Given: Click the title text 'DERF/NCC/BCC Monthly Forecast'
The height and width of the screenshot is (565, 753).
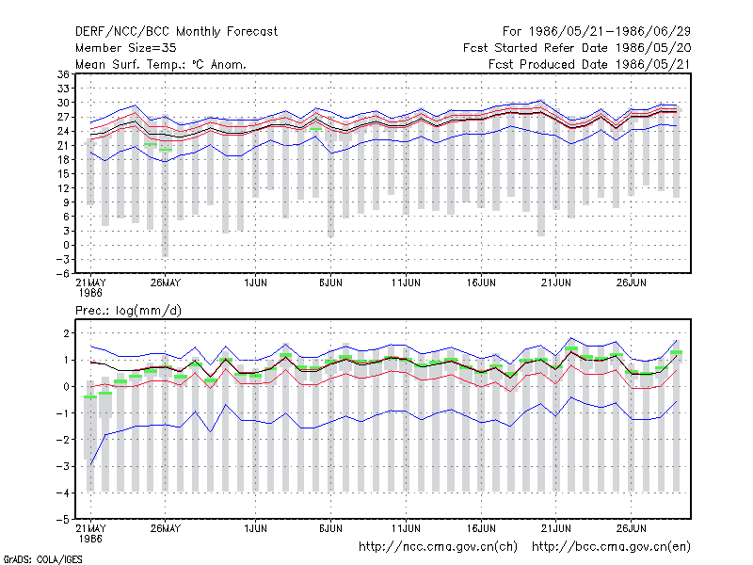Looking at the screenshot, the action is click(x=176, y=32).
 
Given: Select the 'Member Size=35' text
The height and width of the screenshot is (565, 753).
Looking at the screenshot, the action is click(x=126, y=48).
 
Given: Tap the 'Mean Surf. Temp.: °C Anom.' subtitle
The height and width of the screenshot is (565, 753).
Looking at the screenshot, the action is click(x=161, y=64).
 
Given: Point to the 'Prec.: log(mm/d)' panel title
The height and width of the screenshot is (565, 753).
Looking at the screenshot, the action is click(x=128, y=311).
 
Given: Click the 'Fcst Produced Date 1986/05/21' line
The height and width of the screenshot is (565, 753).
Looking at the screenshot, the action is click(x=590, y=64).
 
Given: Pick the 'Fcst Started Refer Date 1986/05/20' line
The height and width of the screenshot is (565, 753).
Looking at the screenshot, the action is click(x=577, y=48).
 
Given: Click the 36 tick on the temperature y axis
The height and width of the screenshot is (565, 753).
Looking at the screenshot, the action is click(x=63, y=74).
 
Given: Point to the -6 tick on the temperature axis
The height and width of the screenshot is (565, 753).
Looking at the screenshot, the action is click(x=62, y=274).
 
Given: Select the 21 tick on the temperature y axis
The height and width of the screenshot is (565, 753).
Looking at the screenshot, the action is click(x=63, y=146).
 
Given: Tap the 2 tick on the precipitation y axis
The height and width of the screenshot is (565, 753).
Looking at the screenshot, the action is click(x=66, y=333).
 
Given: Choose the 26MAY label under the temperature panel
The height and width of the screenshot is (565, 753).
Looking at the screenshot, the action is click(x=166, y=282).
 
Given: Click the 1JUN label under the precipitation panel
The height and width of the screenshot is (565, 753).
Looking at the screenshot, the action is click(x=255, y=528).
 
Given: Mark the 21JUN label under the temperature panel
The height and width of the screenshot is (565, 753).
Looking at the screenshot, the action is click(x=556, y=282).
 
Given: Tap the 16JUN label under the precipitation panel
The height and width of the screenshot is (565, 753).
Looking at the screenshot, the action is click(x=481, y=528).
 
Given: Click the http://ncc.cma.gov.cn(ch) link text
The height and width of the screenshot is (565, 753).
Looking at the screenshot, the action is click(x=438, y=547).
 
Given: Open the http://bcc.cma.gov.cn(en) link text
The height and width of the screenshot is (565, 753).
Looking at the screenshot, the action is click(x=611, y=547).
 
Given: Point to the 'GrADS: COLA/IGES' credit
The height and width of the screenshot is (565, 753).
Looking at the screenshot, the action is click(x=43, y=559).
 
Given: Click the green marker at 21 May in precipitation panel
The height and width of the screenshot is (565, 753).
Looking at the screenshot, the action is click(x=90, y=396).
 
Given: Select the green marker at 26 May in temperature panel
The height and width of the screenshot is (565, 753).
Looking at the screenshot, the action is click(x=166, y=150).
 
